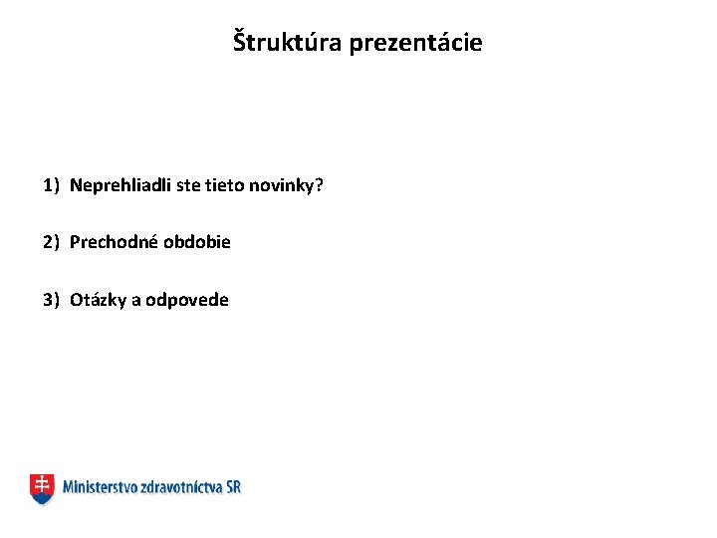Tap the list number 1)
(52, 184)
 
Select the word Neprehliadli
(120, 184)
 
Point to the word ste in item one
(188, 184)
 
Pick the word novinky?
(286, 184)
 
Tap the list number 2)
(52, 242)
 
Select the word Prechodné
(110, 242)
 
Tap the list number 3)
(52, 300)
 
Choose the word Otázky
(97, 300)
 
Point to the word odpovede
(187, 300)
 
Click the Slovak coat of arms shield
(42, 487)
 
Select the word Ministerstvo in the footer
(98, 487)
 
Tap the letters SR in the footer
(233, 487)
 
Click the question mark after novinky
(320, 184)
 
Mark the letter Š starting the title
(239, 42)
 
